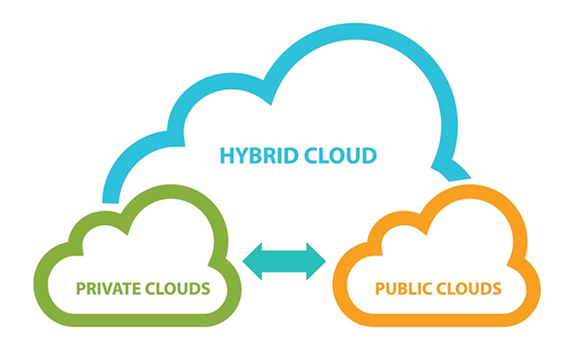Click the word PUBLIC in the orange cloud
coord(402,289)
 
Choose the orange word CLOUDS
coord(468,289)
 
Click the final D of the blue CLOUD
coord(368,156)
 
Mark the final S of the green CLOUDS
coord(206,289)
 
